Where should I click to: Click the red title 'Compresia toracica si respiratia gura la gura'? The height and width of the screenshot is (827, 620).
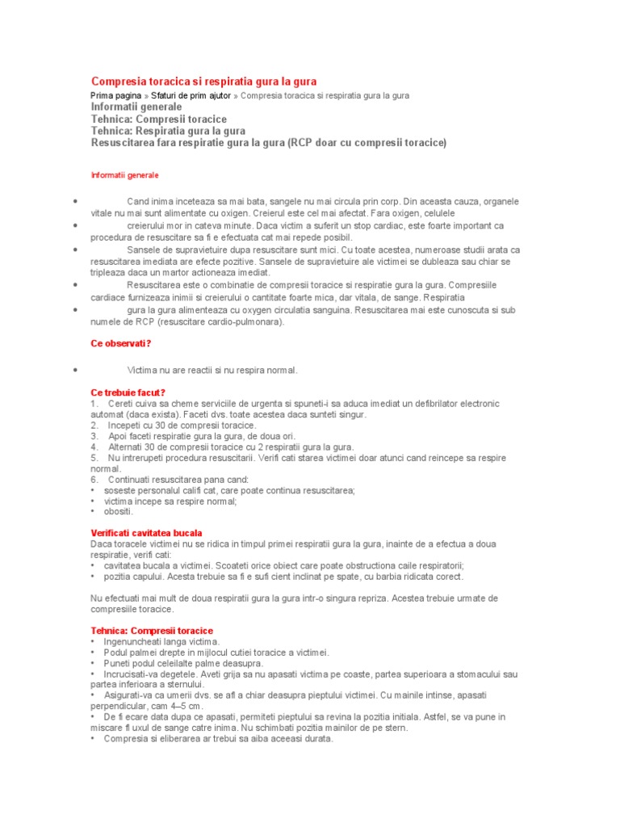[x=204, y=82]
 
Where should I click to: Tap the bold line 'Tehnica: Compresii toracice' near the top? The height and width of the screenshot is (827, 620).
[x=159, y=119]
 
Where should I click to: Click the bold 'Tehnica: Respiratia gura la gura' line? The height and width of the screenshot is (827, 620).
[x=169, y=131]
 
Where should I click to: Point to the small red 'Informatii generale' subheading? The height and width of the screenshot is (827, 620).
[x=125, y=174]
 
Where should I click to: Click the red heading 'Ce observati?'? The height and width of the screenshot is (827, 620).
[x=121, y=343]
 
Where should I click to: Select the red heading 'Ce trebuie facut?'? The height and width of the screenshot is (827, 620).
[x=128, y=393]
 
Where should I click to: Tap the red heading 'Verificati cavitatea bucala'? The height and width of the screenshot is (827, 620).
[x=146, y=533]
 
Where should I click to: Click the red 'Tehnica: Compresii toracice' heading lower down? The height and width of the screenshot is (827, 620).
[x=152, y=630]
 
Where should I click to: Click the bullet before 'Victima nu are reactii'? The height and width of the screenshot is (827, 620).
[x=74, y=370]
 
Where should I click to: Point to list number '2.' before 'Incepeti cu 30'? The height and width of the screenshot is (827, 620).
[x=94, y=425]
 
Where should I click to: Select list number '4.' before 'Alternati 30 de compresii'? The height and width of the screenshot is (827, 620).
[x=94, y=447]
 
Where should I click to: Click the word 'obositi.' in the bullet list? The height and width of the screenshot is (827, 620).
[x=119, y=511]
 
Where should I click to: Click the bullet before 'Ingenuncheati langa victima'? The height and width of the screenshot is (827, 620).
[x=94, y=641]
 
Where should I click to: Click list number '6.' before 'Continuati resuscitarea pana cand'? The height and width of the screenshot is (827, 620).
[x=94, y=479]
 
